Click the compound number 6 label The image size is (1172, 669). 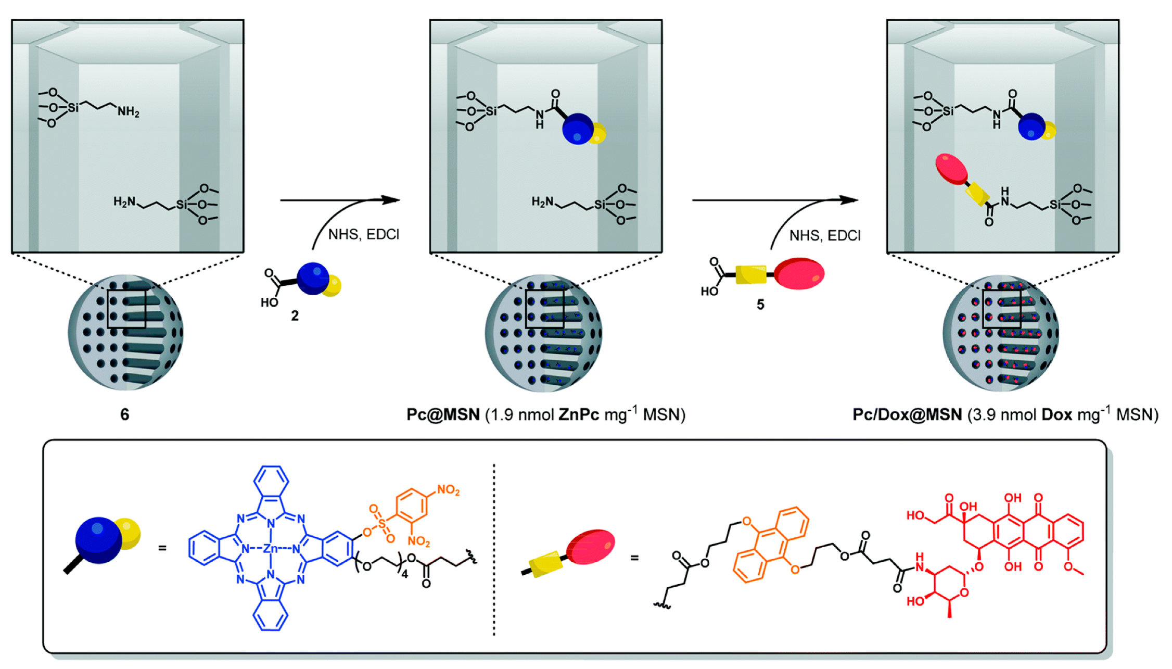coord(124,414)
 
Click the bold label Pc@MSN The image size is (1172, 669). coord(443,414)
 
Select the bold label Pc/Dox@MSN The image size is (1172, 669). coord(907,414)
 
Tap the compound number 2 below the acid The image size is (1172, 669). coord(295,316)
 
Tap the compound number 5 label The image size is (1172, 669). coord(760,305)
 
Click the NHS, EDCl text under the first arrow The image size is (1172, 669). coord(363,235)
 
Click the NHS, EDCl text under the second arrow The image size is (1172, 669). coord(824,236)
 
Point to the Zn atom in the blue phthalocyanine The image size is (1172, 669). coord(271,549)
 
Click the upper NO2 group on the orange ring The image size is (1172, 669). coord(448,490)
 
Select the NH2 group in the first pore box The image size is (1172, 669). coord(128,111)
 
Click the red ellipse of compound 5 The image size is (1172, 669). coord(799,273)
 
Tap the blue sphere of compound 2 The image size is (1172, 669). coord(313,279)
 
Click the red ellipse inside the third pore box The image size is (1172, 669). coord(951,169)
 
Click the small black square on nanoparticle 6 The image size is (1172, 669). coord(126,309)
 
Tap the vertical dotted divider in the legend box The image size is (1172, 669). coord(494,549)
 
